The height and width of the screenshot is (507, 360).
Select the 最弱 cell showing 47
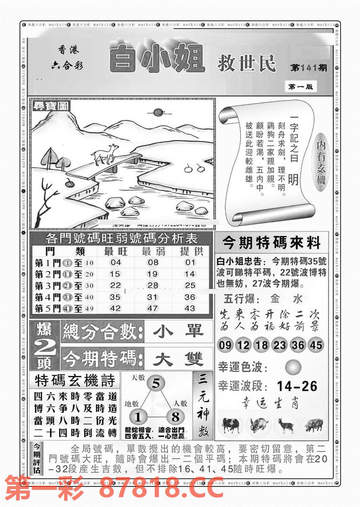152,308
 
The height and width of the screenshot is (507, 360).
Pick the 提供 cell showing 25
190,285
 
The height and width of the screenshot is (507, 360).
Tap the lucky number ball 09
225,345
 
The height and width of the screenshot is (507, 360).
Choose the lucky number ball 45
315,345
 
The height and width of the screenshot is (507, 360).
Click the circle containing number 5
156,384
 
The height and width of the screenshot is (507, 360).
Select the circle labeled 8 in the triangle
175,417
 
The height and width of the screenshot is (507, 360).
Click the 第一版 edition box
300,87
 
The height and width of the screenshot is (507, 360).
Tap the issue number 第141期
309,68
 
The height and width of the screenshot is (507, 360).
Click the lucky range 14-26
297,386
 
